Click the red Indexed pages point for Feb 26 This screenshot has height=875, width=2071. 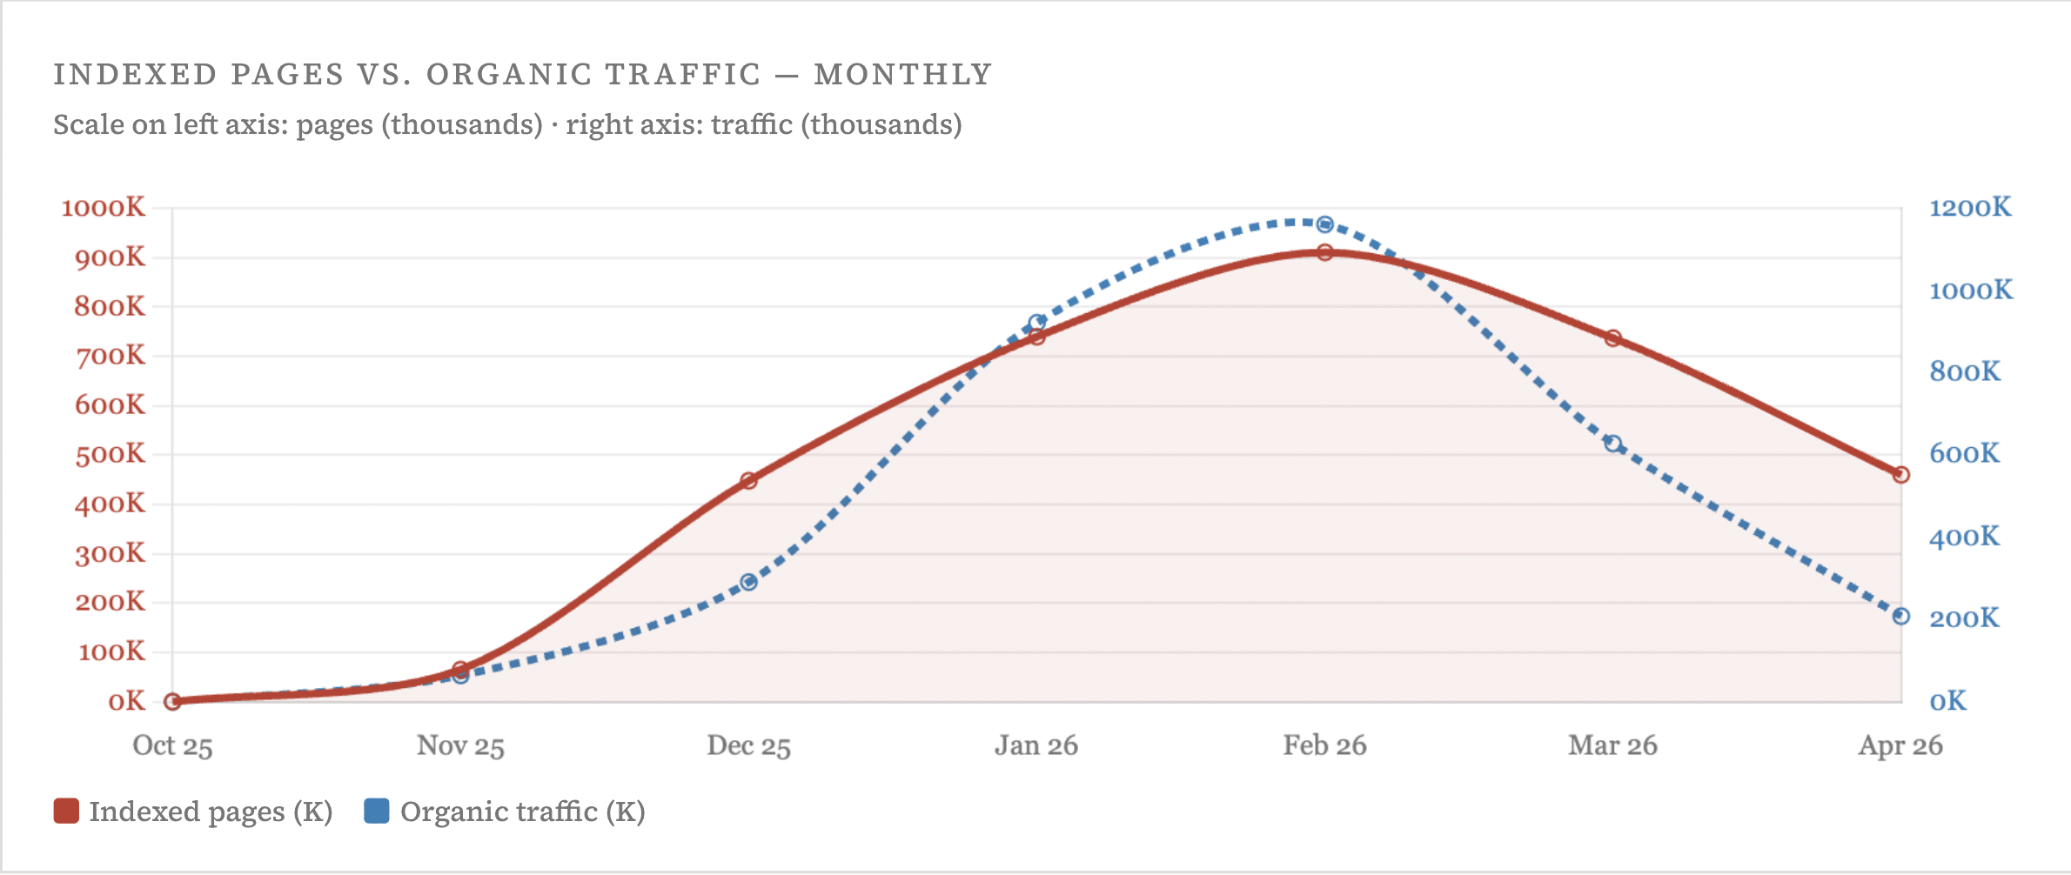(1324, 252)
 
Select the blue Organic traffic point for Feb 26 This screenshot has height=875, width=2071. (1324, 224)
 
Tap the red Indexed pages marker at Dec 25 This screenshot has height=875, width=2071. (748, 480)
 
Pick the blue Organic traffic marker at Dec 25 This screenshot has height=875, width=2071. (748, 582)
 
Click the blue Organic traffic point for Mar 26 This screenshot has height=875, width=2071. (1613, 444)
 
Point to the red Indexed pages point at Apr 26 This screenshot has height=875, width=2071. (1901, 475)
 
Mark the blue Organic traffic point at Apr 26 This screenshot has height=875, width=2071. (1901, 616)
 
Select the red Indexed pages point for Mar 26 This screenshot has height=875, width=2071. (1613, 338)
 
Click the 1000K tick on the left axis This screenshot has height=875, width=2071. (104, 208)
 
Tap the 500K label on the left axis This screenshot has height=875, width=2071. (111, 454)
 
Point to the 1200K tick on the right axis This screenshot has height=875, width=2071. (1970, 208)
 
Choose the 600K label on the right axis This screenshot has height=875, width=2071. (1964, 453)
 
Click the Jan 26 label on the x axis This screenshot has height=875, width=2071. (1036, 745)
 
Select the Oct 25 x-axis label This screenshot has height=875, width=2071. (172, 745)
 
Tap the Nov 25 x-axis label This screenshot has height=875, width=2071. (460, 745)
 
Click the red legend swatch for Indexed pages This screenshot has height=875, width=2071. (66, 811)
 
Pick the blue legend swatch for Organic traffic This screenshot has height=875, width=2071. (376, 811)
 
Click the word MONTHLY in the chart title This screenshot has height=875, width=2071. (903, 75)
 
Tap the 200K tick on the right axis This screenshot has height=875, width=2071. (1964, 618)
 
